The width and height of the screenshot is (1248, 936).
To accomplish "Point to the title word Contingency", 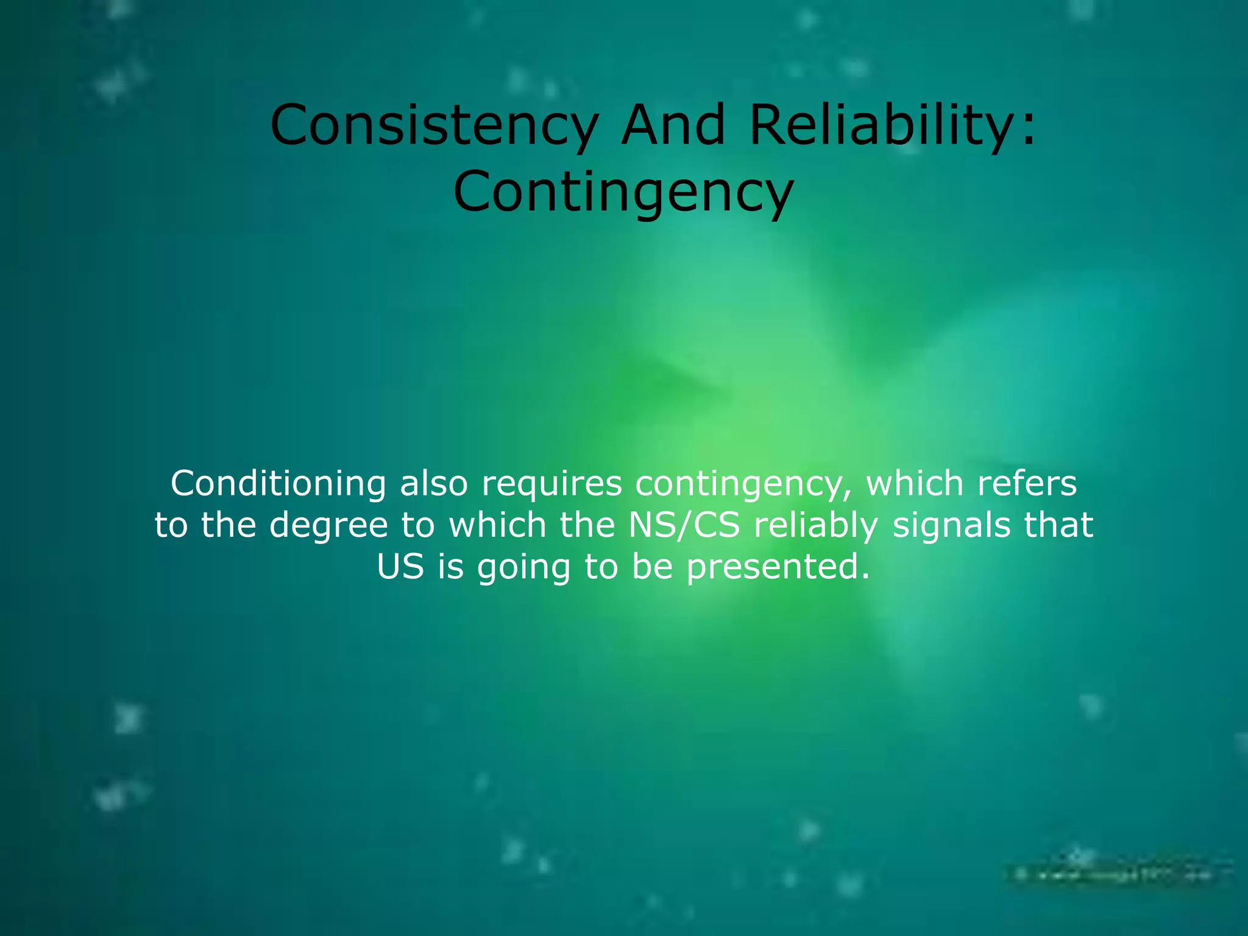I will pos(623,192).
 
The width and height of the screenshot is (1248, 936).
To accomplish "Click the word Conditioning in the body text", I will pos(278,484).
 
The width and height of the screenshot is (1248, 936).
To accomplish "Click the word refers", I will pos(1027,484).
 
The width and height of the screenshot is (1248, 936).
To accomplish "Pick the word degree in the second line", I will pos(328,526).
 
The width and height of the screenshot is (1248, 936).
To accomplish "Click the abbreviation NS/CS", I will pos(684,525).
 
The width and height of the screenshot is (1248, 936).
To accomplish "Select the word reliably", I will pos(816,526).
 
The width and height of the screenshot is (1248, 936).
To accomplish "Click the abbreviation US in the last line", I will pos(400,567).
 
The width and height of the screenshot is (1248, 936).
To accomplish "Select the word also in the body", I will pos(433,484).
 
